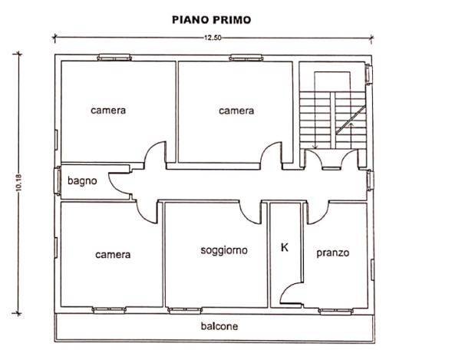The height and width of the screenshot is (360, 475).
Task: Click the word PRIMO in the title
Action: tap(232, 18)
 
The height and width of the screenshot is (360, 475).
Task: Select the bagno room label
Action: tap(82, 182)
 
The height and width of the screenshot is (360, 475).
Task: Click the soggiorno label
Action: tap(224, 250)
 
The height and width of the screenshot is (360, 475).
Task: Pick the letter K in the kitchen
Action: tap(285, 248)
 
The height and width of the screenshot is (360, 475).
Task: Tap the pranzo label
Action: tap(332, 252)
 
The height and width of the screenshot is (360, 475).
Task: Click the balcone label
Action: tap(219, 326)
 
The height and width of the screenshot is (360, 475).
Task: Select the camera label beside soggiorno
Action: tap(113, 255)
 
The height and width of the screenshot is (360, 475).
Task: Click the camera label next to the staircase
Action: tap(236, 111)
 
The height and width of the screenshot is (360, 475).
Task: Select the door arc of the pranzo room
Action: tap(318, 211)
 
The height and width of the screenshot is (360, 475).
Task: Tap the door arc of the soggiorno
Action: tap(251, 211)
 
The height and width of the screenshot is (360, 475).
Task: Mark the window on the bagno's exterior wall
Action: tap(58, 183)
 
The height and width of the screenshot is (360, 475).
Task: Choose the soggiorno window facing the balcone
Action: tap(180, 310)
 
